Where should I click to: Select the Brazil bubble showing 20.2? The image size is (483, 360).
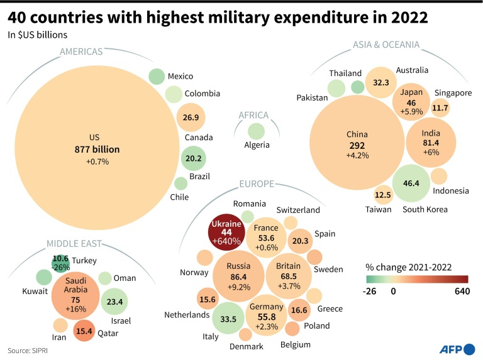(193, 158)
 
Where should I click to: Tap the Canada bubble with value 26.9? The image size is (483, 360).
(191, 117)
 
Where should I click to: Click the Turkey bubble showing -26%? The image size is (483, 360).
(61, 263)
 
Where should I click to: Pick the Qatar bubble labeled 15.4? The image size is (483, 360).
(84, 330)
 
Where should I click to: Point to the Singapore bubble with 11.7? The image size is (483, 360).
(440, 107)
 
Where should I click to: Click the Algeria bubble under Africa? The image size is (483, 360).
(256, 131)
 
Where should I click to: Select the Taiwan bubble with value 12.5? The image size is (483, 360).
(383, 195)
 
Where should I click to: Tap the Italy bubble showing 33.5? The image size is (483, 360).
(228, 319)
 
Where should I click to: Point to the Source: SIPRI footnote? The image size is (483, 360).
(29, 350)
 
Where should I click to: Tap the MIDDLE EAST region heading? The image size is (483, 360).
(74, 244)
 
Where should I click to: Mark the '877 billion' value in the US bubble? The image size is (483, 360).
(94, 150)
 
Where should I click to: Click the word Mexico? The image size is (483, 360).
(180, 77)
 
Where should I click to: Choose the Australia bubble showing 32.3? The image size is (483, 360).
(382, 82)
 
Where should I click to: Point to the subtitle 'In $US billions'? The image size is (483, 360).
(38, 35)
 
